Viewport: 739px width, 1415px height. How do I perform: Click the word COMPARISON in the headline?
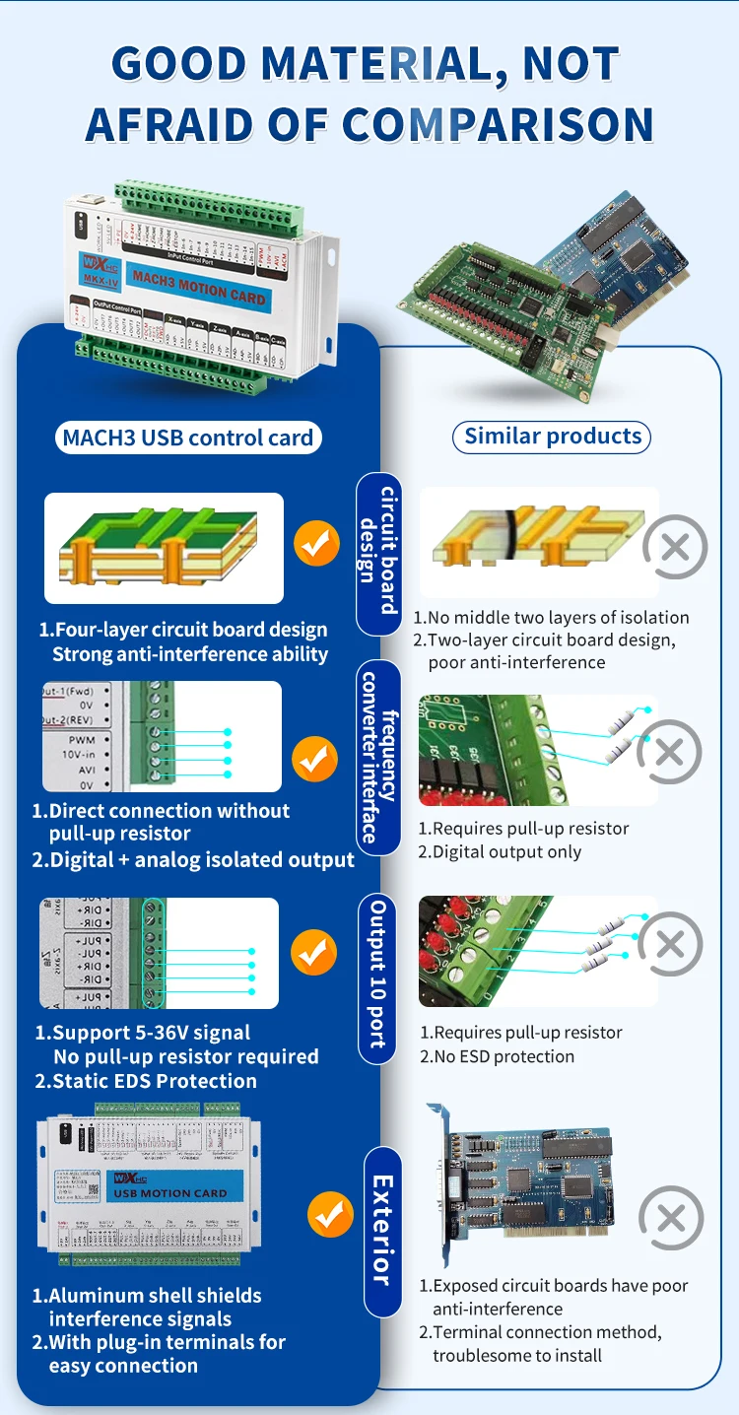coord(498,125)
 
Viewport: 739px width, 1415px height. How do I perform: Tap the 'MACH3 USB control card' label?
coord(187,438)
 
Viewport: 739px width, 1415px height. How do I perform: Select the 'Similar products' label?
coord(552,437)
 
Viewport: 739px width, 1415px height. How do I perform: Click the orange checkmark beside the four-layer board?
coord(317,544)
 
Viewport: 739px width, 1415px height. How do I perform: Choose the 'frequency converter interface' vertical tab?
coord(380,757)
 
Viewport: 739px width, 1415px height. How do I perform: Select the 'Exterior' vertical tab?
coord(382,1231)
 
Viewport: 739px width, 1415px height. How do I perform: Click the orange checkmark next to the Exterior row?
coord(330,1215)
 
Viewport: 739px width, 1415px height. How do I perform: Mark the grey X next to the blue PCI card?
coord(671,1219)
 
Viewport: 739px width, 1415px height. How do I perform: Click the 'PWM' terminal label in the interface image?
coord(81,739)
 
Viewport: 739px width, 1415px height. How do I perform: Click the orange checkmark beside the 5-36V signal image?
coord(314,954)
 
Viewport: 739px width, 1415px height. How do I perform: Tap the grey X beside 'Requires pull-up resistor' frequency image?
coord(669,753)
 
